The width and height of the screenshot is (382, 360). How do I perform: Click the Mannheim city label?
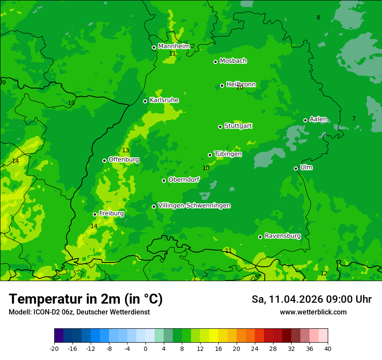(x=174, y=46)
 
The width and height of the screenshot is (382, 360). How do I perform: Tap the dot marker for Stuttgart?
(x=220, y=127)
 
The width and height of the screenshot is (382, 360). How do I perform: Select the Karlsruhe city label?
(x=164, y=100)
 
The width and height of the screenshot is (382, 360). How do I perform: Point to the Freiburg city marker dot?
(x=95, y=214)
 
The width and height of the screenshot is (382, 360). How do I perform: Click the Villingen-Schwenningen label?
(x=194, y=206)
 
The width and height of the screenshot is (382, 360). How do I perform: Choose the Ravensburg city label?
(x=283, y=236)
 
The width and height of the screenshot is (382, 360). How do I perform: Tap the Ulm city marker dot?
(x=296, y=168)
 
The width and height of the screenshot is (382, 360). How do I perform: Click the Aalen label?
(x=318, y=119)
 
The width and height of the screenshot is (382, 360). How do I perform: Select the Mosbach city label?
(x=233, y=61)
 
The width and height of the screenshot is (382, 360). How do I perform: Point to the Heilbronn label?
(x=241, y=85)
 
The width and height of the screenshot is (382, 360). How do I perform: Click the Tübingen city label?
(x=228, y=154)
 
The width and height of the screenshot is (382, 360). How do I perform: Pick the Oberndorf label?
(x=184, y=180)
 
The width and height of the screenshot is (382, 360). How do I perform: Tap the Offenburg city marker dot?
(x=104, y=160)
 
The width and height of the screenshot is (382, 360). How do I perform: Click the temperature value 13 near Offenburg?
(x=125, y=151)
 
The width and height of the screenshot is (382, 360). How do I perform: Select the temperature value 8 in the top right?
(x=318, y=18)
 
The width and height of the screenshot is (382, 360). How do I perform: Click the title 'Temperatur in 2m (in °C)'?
(x=86, y=299)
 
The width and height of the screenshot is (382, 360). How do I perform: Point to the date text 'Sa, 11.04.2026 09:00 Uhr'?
(x=311, y=299)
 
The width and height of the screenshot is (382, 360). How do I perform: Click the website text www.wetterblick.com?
(x=313, y=312)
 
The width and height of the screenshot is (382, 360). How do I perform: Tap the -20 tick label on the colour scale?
(x=54, y=348)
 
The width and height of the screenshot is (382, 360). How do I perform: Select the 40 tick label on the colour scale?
(x=328, y=348)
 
